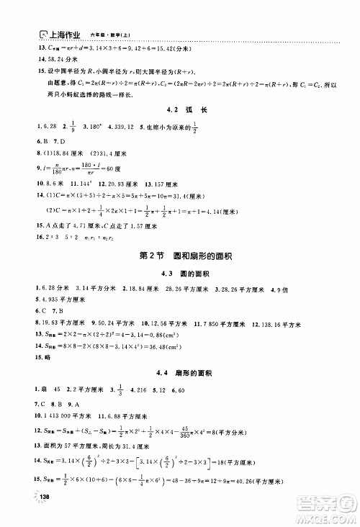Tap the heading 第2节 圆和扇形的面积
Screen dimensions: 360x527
(181, 256)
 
